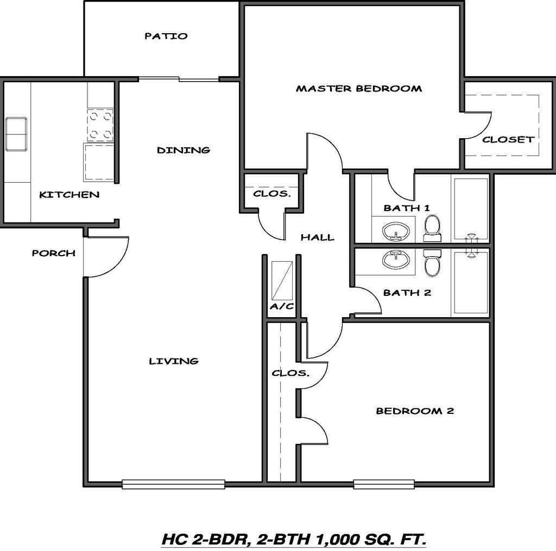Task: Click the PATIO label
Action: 166,36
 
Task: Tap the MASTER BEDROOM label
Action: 358,88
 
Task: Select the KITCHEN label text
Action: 69,194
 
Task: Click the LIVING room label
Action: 174,361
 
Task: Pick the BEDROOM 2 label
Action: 415,411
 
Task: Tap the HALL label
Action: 318,237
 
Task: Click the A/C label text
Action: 282,306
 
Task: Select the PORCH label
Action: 53,253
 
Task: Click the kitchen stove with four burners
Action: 100,125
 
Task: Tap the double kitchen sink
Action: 16,134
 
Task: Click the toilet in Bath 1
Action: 432,228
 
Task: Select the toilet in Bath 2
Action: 432,263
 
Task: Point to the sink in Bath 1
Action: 396,232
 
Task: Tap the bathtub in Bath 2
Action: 471,283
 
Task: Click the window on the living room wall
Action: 173,484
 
